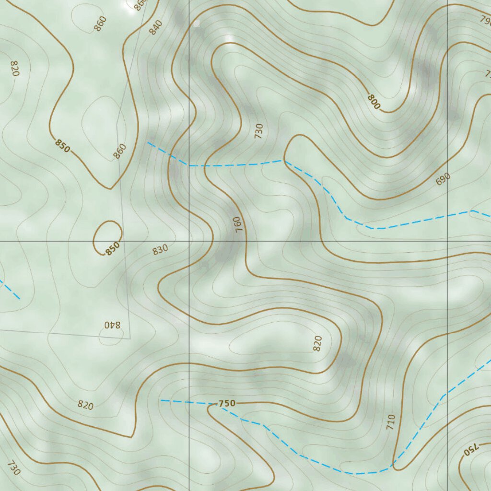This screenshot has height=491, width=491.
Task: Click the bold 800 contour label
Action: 374,102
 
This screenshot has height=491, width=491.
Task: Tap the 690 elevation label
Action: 443,179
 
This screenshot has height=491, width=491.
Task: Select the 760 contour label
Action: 238,224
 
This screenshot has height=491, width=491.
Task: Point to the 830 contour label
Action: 160,249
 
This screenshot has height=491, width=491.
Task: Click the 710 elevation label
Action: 391,421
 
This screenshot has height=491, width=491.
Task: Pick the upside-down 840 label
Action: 112,325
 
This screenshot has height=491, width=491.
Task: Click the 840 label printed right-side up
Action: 156,28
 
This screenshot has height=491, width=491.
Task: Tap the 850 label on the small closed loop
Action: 113,249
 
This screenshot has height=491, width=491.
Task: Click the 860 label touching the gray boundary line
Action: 119,151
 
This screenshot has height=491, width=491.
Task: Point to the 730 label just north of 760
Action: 259,130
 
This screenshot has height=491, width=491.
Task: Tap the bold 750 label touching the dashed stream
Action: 227,404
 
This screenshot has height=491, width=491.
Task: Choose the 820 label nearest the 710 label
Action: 317,343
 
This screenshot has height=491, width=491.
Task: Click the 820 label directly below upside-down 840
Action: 85,406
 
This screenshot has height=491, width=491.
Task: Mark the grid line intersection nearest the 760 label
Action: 189,241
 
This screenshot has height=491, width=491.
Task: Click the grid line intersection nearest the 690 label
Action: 447,241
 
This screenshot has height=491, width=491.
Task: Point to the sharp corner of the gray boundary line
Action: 130,339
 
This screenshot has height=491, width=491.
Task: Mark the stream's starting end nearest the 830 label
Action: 148,142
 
